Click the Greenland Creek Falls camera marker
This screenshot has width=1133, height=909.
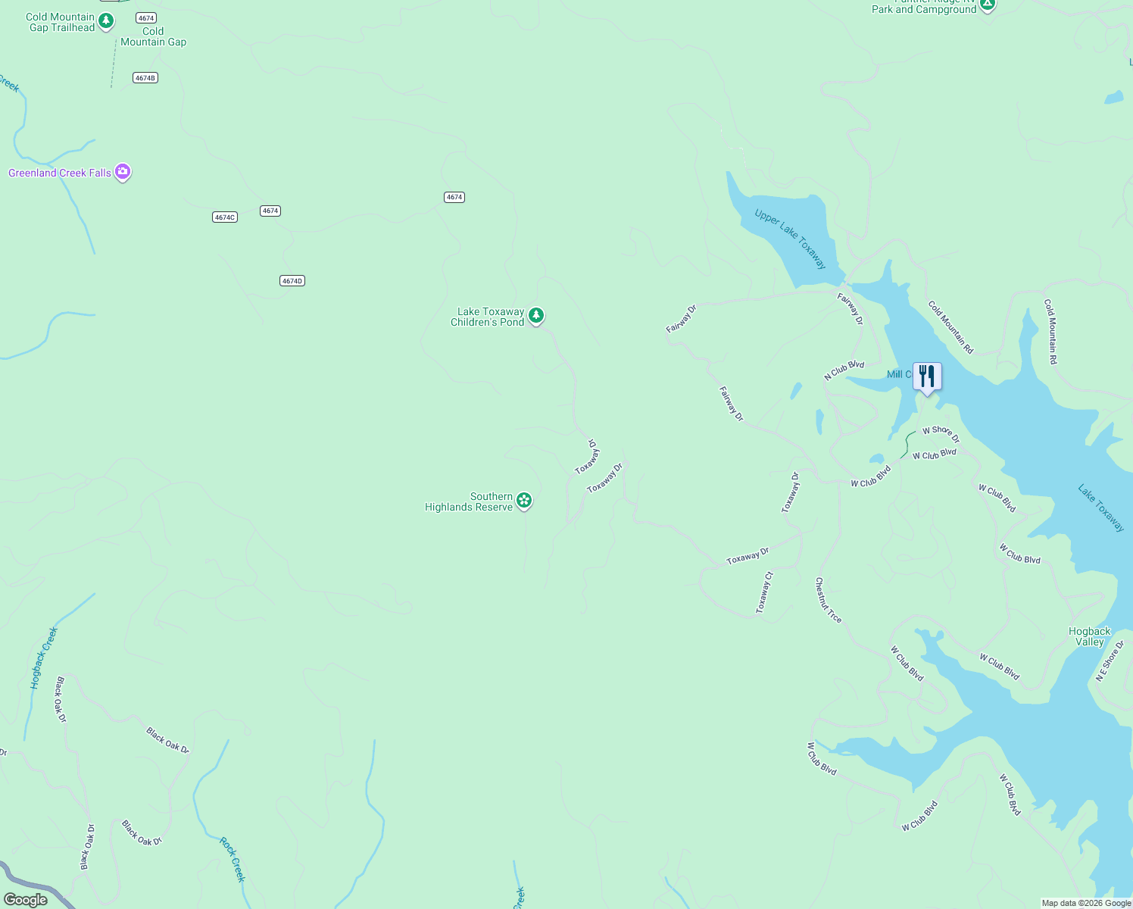pos(123,172)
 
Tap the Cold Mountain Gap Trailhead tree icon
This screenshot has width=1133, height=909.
pos(106,20)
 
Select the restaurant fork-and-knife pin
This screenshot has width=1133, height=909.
pos(927,376)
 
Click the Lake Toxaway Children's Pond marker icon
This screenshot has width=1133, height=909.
pos(536,315)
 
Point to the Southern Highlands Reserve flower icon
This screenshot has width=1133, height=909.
pos(524,500)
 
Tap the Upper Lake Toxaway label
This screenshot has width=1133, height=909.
pos(790,239)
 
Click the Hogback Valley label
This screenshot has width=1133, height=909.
pos(1089,636)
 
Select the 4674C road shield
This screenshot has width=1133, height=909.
pos(225,217)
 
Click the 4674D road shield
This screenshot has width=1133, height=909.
pos(292,281)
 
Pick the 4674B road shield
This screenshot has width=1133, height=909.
pos(145,78)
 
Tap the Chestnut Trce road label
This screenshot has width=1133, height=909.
pos(828,600)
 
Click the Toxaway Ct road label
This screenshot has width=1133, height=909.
pos(765,592)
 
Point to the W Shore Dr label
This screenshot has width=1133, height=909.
pos(941,433)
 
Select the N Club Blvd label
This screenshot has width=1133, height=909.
pos(844,370)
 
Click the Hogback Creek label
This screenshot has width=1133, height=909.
pos(44,658)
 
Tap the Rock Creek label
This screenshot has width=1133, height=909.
pos(233,860)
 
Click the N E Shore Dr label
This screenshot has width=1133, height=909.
pos(1110,661)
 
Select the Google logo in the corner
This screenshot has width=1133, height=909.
pos(26,900)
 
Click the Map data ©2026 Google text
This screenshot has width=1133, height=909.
pos(1086,903)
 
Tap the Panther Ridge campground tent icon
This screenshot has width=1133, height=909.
pos(987,5)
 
